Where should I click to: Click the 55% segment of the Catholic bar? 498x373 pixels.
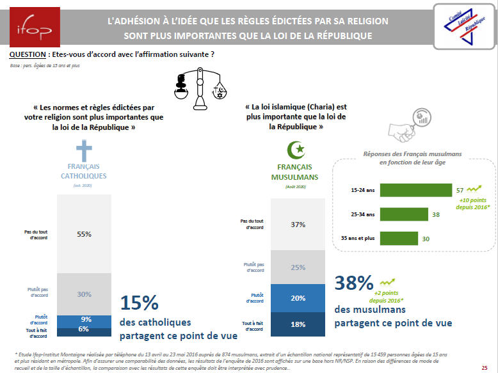coord(83,234)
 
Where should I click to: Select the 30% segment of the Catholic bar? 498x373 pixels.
coord(83,294)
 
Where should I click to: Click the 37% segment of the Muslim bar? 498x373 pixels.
coord(298,224)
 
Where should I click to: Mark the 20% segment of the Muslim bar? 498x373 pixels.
coord(298,298)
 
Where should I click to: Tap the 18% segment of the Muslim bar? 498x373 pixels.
coord(298,324)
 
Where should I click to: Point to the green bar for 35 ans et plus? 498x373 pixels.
coord(399,238)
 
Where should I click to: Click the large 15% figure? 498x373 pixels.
coord(139,303)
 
